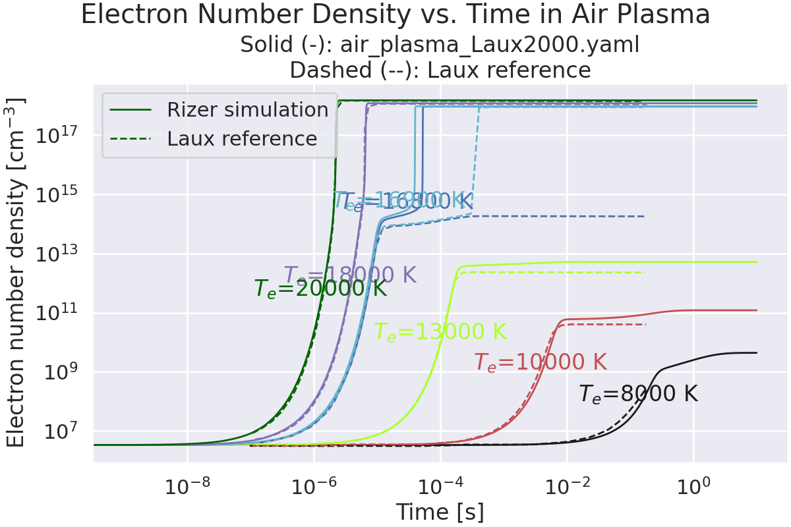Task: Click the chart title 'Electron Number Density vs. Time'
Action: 395,15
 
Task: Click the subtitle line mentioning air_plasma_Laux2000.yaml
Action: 440,45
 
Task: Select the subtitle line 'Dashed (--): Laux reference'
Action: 440,70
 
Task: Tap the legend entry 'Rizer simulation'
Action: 247,110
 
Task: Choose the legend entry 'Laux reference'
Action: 242,139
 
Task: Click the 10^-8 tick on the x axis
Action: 188,487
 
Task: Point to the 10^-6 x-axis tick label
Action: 314,487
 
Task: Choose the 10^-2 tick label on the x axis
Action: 567,487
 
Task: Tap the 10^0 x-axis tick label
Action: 693,487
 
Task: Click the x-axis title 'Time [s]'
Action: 440,512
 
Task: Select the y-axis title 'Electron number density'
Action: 16,272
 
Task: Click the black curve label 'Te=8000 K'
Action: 638,394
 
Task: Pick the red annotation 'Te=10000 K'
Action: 541,362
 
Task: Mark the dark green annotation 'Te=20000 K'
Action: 320,289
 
